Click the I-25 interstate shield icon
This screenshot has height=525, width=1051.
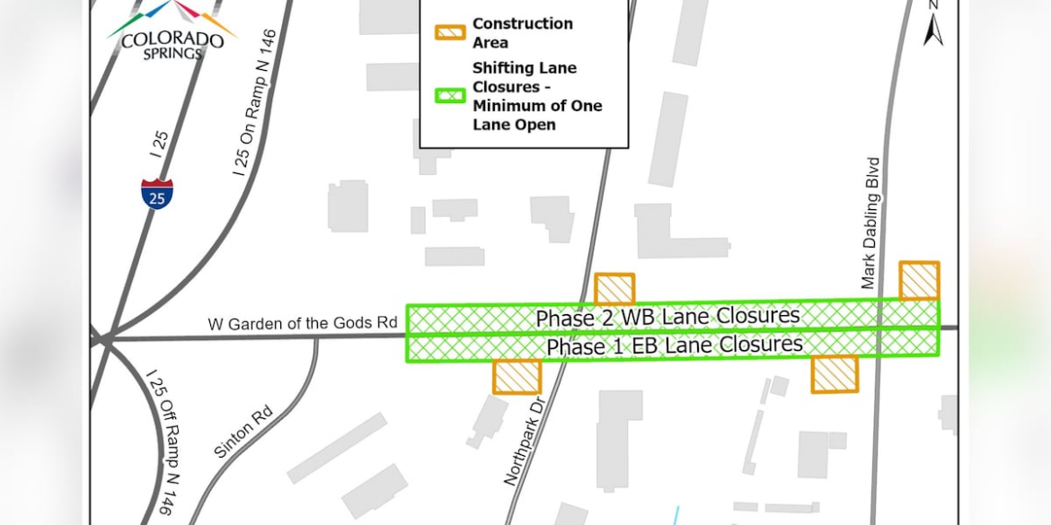click(x=157, y=194)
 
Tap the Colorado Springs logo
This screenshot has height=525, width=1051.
click(x=172, y=31)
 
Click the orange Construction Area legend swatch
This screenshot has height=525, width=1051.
click(x=450, y=32)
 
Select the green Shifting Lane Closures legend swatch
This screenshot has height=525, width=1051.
click(x=450, y=95)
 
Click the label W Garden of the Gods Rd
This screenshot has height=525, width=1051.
click(x=303, y=323)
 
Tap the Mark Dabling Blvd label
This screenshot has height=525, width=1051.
click(x=870, y=223)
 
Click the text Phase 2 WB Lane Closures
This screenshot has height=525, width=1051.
click(x=667, y=317)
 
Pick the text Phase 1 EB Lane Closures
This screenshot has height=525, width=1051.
click(x=675, y=346)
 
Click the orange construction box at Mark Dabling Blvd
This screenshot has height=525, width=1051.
click(x=919, y=280)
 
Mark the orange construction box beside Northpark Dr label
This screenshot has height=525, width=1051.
click(x=517, y=376)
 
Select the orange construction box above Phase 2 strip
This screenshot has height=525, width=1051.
click(x=614, y=289)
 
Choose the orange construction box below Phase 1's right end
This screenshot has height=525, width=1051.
click(x=835, y=374)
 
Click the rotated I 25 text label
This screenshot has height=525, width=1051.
click(x=159, y=144)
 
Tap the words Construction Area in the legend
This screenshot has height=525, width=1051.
click(x=522, y=32)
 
